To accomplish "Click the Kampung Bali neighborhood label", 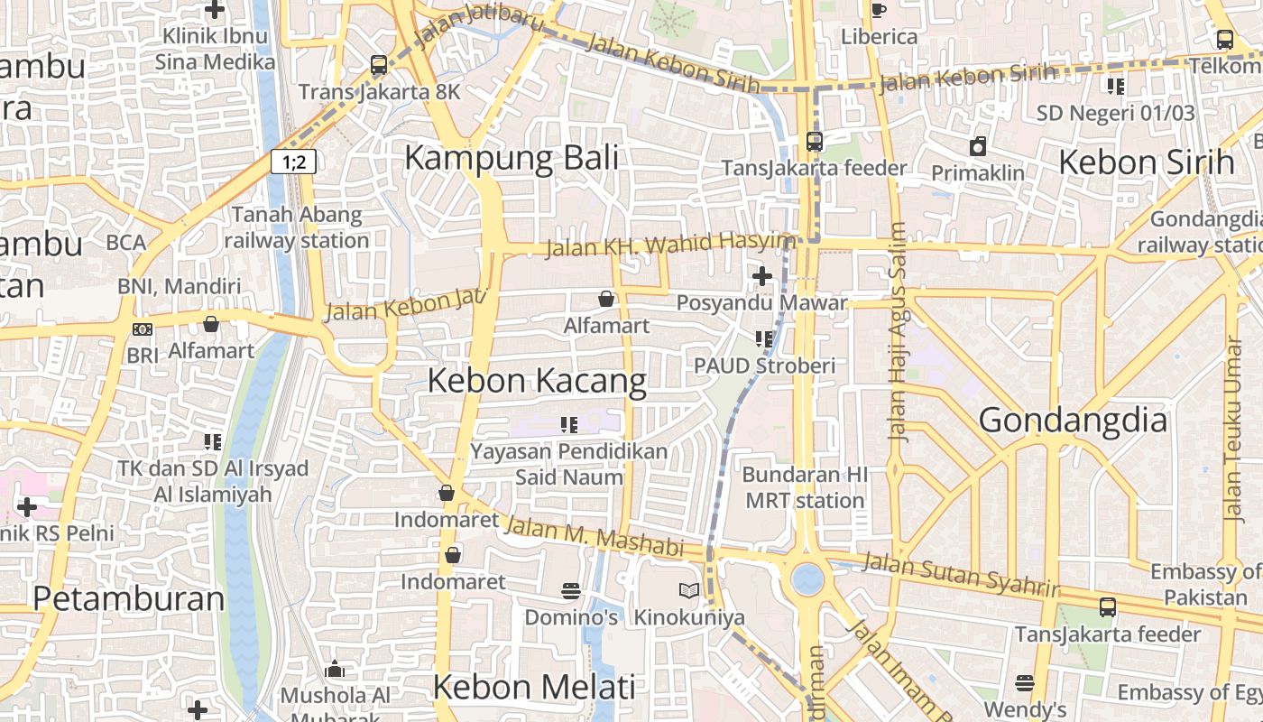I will coord(511,158).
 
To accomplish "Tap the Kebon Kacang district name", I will coord(537,381).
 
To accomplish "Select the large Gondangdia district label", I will coord(1072,421).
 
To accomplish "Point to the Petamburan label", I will coord(128,598).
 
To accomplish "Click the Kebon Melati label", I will coord(534,687).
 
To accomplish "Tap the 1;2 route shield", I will coord(293,162).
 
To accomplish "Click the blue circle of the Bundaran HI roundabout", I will coord(807,579).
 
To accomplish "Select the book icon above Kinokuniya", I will coord(689,591).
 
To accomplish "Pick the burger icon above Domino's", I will coord(570,591).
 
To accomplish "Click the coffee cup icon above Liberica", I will coord(878,10).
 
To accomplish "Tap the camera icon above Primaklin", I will coord(978,146).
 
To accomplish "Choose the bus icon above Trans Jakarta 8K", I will coord(379,65).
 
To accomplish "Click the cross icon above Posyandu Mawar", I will coord(762,276).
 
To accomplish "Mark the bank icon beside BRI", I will coord(142,329).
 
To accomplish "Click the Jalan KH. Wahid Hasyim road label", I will coord(671,245).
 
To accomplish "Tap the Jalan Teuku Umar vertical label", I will coord(1232,428).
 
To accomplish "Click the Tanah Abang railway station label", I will coord(296,227).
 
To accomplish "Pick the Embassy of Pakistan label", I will coord(1205,584).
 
